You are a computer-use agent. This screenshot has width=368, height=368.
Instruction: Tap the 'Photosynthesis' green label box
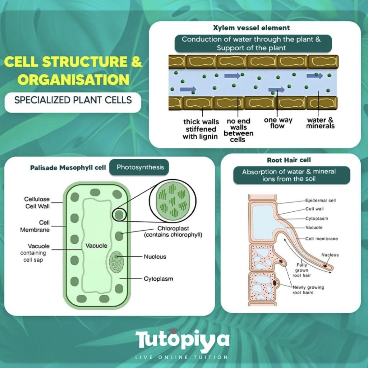pos(140,167)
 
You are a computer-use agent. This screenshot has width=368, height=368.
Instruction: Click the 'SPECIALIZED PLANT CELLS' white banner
pos(73,100)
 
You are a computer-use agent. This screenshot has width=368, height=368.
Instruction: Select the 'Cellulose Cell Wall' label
pos(37,202)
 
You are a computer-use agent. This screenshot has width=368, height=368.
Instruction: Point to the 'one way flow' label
pos(278,123)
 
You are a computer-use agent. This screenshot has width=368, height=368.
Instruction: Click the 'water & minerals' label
pos(321,123)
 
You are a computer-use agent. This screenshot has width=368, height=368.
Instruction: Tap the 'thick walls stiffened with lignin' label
pos(201,129)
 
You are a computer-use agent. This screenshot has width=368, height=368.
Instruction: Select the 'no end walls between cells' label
pos(238,130)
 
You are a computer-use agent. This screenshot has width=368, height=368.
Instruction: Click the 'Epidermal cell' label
pos(320,201)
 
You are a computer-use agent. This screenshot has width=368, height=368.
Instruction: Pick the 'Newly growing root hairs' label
pos(303,290)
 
